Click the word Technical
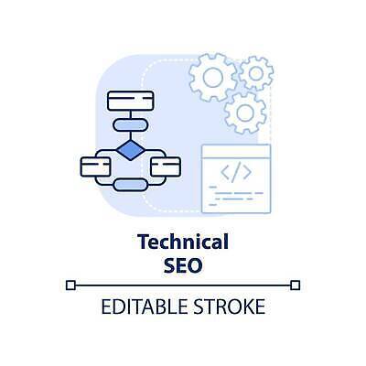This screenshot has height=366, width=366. click(183, 242)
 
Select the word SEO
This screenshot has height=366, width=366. click(183, 265)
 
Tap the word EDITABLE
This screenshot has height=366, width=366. click(144, 307)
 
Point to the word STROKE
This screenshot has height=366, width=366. click(230, 307)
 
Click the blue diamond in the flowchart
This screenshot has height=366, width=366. click(131, 150)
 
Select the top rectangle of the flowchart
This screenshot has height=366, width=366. click(131, 101)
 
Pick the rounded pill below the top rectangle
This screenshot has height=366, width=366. click(131, 125)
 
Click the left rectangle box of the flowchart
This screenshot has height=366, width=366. click(95, 167)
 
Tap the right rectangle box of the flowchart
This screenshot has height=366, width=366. click(166, 167)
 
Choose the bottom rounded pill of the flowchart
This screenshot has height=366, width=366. click(131, 185)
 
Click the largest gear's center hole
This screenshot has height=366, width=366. click(212, 77)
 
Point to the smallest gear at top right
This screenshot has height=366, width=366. click(256, 73)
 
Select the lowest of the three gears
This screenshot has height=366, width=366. click(245, 113)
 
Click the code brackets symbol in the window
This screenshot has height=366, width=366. click(236, 172)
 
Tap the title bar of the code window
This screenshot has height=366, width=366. click(236, 152)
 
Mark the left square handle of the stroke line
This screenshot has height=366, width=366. click(70, 285)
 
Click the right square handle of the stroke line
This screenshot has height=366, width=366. click(296, 285)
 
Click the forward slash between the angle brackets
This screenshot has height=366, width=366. click(236, 172)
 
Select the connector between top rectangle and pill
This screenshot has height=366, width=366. click(131, 115)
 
